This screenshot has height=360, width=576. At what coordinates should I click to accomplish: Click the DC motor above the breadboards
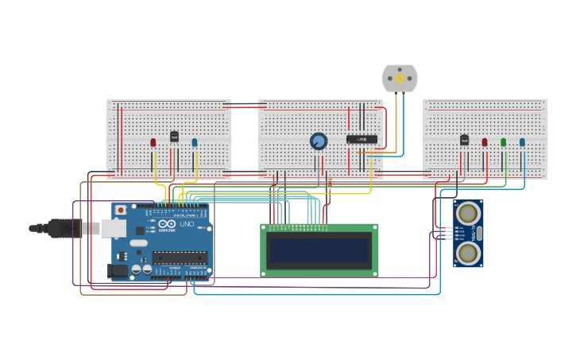click(x=400, y=78)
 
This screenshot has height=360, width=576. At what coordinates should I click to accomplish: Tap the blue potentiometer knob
click(x=319, y=141)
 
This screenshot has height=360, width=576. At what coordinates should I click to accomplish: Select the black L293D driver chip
click(x=361, y=139)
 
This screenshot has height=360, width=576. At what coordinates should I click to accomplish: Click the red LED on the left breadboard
click(x=153, y=143)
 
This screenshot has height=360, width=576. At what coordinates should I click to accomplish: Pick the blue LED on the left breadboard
click(x=195, y=143)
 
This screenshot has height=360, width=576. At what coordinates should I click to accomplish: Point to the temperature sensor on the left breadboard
click(x=174, y=137)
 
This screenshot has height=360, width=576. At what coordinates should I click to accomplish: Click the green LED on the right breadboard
click(x=503, y=142)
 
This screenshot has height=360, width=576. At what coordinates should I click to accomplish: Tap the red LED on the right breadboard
click(x=485, y=142)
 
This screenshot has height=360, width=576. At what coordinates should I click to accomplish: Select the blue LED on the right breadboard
click(x=522, y=142)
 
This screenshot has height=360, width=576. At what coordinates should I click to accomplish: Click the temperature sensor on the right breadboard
click(x=464, y=140)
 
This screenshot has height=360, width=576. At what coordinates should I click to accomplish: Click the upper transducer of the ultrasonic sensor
click(x=468, y=213)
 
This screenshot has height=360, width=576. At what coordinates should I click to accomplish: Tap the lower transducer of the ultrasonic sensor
click(x=468, y=253)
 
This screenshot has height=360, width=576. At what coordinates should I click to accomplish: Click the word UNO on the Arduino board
click(x=187, y=224)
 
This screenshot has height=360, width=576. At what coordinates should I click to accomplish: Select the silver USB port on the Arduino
click(x=113, y=228)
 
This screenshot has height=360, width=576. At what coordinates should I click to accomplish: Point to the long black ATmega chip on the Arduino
click(x=180, y=257)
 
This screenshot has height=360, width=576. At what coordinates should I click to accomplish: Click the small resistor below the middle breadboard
click(x=330, y=182)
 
